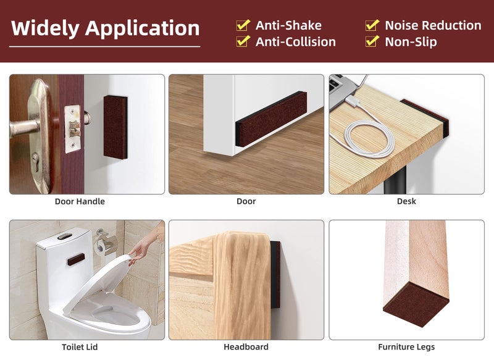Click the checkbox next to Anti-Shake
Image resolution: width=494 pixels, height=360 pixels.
(x=243, y=25)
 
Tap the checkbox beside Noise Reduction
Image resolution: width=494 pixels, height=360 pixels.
(x=372, y=25)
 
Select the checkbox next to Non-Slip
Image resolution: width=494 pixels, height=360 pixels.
(x=372, y=41)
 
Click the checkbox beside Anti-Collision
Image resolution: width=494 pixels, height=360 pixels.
(x=243, y=41)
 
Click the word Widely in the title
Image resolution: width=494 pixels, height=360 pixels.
(x=45, y=28)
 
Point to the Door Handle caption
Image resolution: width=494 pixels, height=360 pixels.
(x=80, y=201)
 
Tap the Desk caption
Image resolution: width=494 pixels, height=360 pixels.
(x=406, y=201)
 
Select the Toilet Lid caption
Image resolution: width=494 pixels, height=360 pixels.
(x=80, y=347)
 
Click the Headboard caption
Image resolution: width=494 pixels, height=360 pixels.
(x=246, y=347)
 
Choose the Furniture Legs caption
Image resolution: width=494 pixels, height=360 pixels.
(x=406, y=347)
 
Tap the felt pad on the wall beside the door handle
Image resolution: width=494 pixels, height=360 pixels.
(x=115, y=127)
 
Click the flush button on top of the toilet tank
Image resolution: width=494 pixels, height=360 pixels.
(x=64, y=236)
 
